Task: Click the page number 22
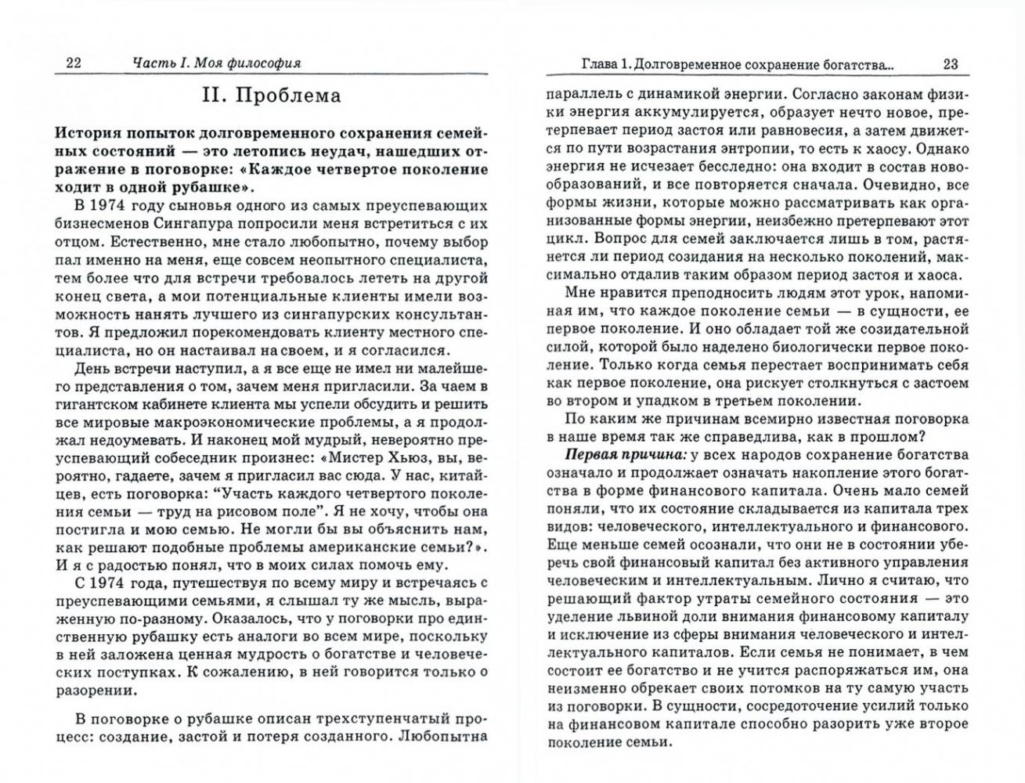74,63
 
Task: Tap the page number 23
951,63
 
